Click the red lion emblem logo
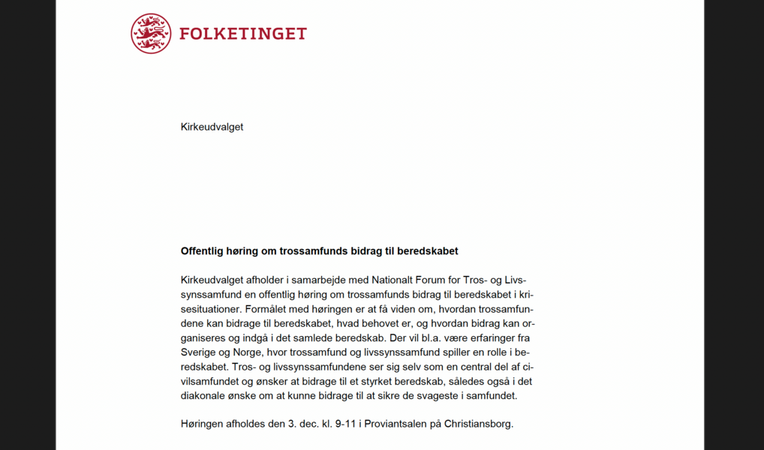151,34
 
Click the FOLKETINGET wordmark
243,34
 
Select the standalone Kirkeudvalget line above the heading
212,127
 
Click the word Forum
435,280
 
